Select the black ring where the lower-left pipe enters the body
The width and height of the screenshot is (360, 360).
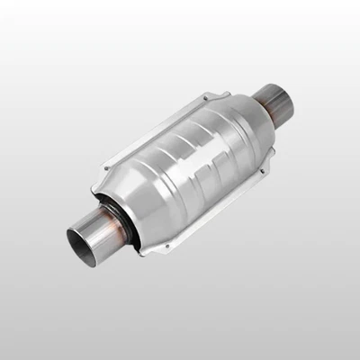pyautogui.click(x=126, y=214)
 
